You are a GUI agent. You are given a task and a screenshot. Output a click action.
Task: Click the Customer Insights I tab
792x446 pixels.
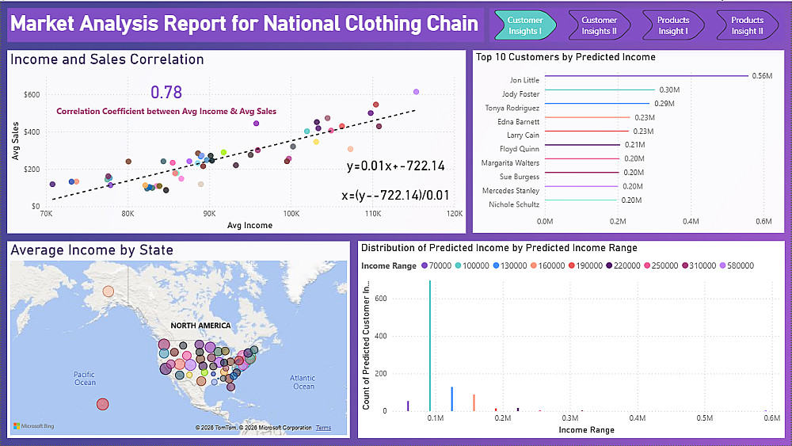[524, 25]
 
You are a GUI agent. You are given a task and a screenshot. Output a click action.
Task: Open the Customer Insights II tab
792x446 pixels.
[599, 25]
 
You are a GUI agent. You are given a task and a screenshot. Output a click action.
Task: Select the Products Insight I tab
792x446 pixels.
[672, 25]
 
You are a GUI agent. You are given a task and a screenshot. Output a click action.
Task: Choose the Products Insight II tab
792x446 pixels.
[747, 25]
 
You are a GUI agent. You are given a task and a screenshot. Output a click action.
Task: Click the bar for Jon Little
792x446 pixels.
[646, 76]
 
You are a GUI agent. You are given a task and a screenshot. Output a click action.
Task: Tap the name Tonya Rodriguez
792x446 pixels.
[512, 108]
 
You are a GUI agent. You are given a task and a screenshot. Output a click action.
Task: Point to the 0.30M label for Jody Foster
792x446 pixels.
[670, 90]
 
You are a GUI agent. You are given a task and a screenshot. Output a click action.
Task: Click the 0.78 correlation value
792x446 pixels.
[166, 93]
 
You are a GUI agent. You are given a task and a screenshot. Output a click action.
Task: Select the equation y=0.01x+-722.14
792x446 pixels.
[395, 166]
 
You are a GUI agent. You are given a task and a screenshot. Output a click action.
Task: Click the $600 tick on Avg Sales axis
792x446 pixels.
[31, 95]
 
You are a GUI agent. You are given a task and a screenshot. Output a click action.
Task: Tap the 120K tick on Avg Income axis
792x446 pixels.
[455, 214]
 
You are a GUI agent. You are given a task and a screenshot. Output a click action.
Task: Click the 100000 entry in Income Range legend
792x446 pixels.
[470, 266]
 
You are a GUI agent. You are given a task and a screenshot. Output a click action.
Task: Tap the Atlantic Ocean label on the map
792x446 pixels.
[303, 382]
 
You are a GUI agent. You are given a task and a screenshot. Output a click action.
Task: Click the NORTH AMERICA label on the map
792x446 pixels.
[200, 326]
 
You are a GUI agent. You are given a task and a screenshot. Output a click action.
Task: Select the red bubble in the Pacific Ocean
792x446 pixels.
[102, 404]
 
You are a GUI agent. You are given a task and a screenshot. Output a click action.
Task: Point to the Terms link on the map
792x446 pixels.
[324, 428]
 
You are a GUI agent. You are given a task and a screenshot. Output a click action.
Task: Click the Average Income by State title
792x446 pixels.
[92, 250]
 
